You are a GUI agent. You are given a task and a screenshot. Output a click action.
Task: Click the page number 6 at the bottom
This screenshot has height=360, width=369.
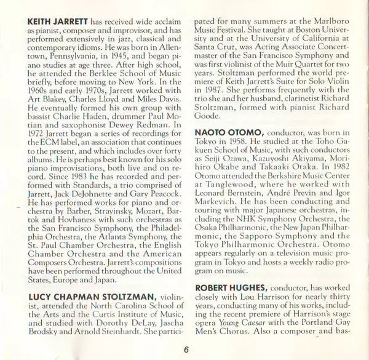pyautogui.click(x=184, y=348)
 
